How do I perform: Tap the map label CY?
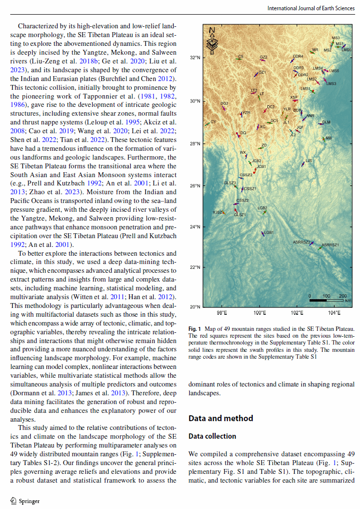pos(213,121)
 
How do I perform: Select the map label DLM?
pos(326,122)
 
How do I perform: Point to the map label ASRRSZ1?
pos(330,244)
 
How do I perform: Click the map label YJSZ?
pos(217,212)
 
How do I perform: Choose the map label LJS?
pos(308,160)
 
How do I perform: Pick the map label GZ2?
pos(263,57)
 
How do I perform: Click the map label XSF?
pos(294,97)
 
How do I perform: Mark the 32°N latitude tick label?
pos(195,58)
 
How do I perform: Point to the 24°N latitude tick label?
pos(195,227)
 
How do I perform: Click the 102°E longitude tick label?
pos(297,312)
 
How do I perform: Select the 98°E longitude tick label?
pos(222,312)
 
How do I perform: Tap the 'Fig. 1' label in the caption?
pos(194,329)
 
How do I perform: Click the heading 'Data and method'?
pos(220,418)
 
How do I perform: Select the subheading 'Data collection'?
pos(212,436)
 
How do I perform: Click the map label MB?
pos(328,139)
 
